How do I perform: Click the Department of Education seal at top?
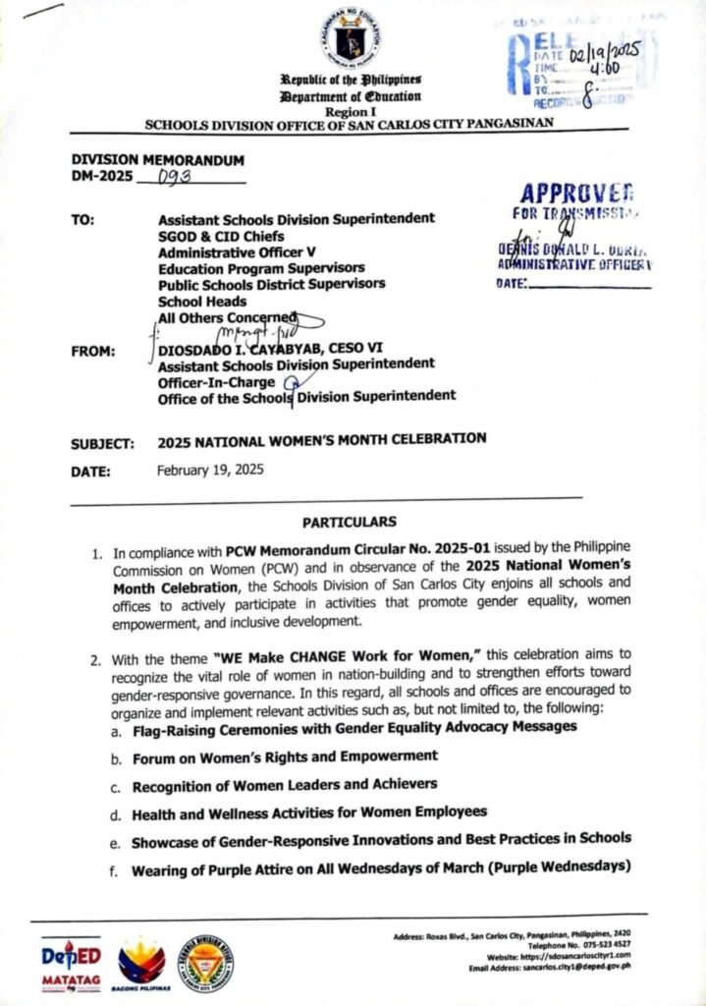[x=350, y=38]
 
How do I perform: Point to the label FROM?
[x=94, y=351]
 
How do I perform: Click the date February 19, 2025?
[x=210, y=470]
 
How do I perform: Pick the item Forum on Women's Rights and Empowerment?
[x=284, y=756]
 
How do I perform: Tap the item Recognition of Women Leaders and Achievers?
[x=285, y=785]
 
